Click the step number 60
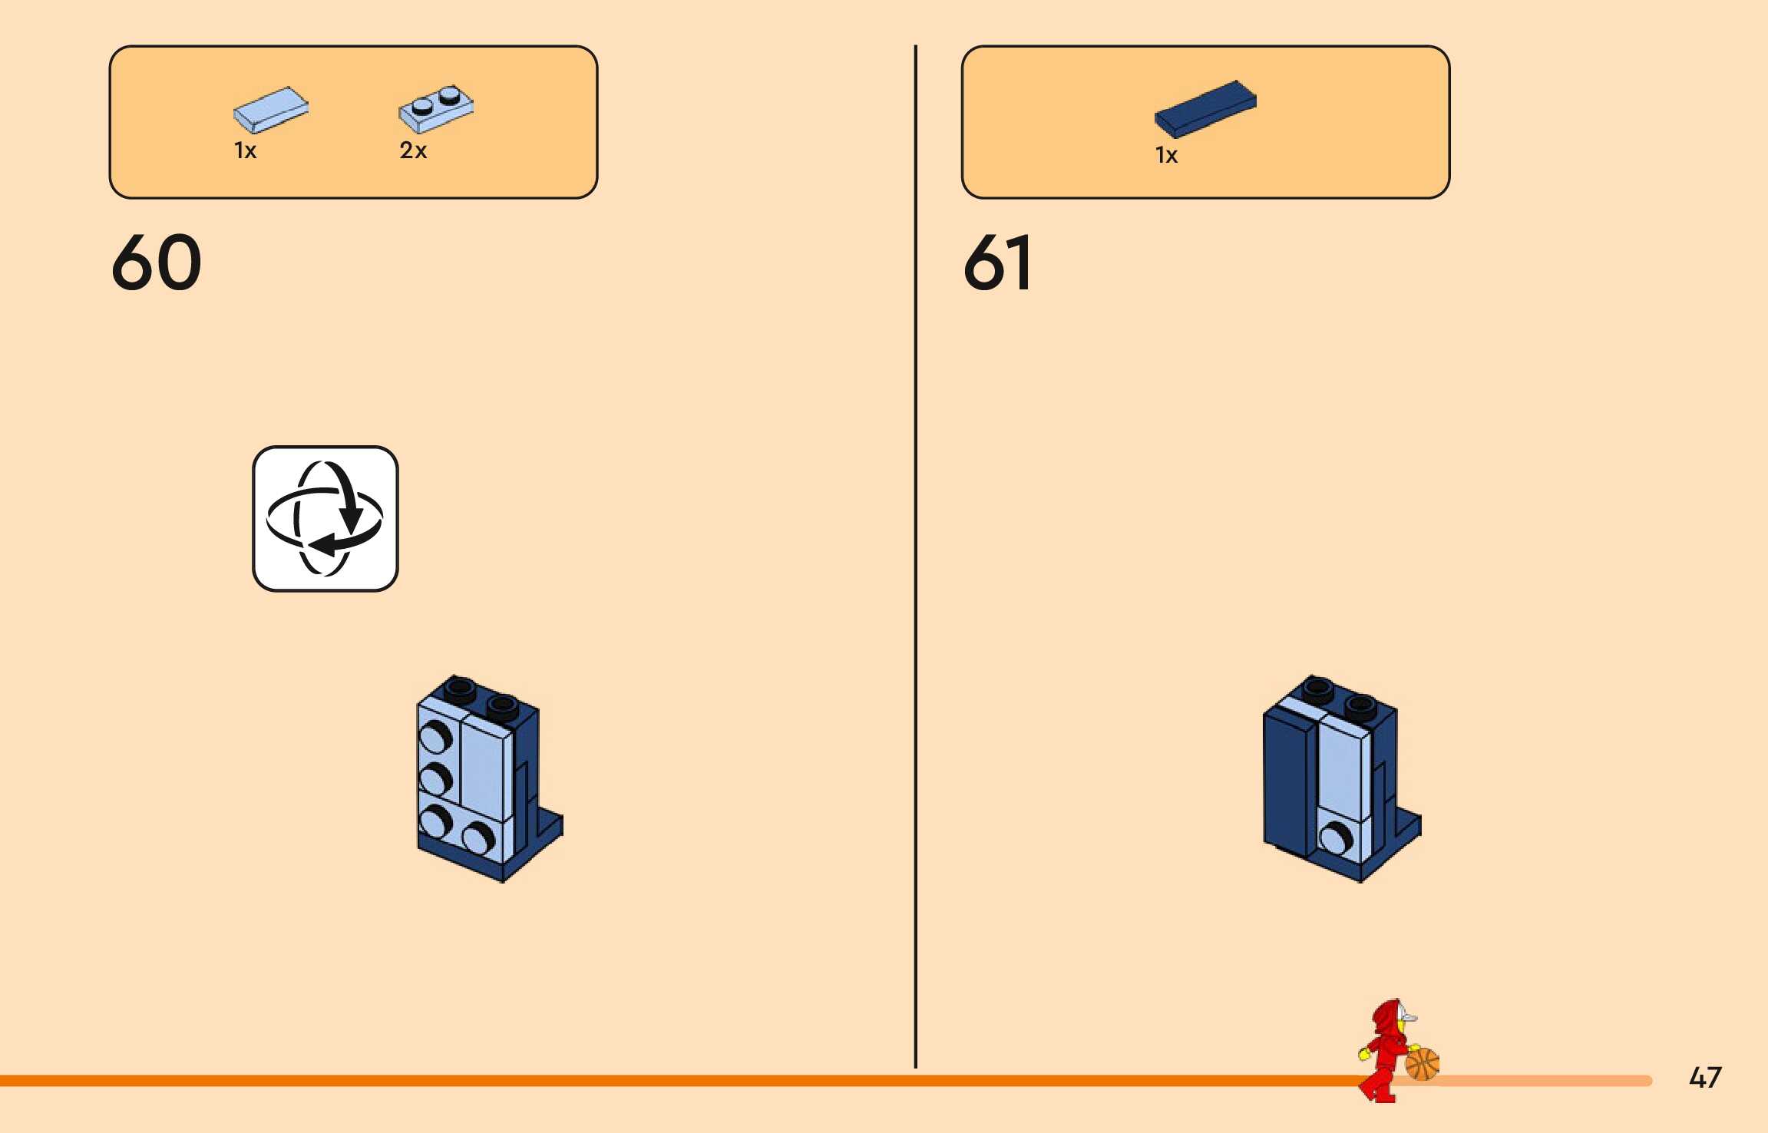[157, 263]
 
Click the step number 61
[997, 263]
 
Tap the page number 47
[1705, 1077]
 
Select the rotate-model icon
[325, 518]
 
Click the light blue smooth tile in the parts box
[270, 108]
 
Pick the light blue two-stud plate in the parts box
[435, 108]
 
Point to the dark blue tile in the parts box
[1205, 108]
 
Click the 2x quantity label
[413, 150]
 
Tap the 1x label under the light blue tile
[245, 150]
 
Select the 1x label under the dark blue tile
[1166, 155]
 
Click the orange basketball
[1422, 1064]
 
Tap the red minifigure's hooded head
[1390, 1018]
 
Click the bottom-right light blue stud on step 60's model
[478, 838]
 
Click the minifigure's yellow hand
[1364, 1054]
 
